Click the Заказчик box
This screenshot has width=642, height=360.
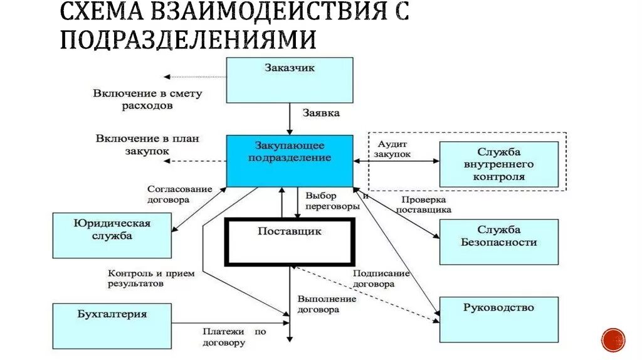click(289, 80)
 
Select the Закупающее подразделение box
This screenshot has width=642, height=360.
click(289, 161)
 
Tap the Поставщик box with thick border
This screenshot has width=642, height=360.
click(290, 241)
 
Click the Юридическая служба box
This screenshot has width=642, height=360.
click(112, 235)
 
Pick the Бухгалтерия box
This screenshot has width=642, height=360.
click(112, 326)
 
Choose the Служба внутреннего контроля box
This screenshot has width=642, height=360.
click(499, 164)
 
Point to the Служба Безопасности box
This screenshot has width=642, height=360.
click(498, 241)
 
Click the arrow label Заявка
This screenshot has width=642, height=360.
click(321, 114)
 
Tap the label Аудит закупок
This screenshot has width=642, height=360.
click(392, 148)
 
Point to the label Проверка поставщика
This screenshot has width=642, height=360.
click(423, 205)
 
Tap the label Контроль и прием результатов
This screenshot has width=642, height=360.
click(144, 278)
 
